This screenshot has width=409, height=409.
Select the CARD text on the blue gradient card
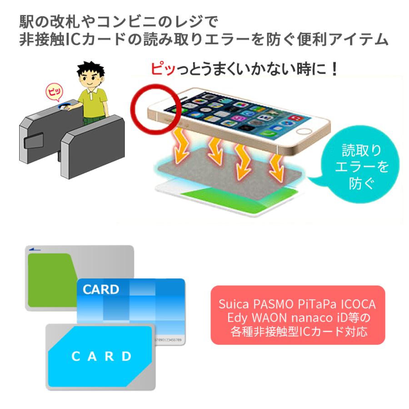coord(101,289)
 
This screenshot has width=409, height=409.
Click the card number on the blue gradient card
coord(168,339)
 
